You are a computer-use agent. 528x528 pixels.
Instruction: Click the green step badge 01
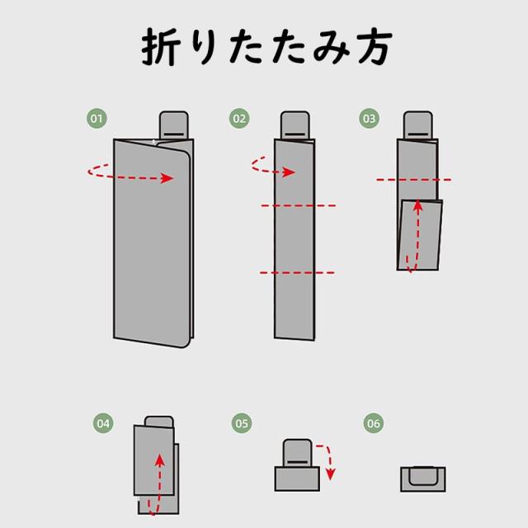(97, 119)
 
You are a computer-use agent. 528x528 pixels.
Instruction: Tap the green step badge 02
(239, 119)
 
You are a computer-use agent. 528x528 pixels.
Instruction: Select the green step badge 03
(369, 119)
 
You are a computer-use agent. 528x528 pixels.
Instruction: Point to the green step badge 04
(103, 423)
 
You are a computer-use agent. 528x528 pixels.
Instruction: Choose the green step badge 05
(242, 423)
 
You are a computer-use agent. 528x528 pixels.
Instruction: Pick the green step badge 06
(374, 423)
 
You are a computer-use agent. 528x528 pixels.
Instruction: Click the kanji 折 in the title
(161, 47)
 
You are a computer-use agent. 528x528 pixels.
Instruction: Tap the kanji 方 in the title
(375, 48)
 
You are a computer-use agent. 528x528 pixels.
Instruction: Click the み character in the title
(332, 48)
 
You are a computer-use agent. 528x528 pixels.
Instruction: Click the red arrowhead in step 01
(167, 178)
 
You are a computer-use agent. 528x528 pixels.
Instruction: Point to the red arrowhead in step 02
(289, 172)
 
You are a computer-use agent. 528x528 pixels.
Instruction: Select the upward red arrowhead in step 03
(418, 205)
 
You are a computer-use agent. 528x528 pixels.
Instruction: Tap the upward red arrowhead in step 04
(160, 460)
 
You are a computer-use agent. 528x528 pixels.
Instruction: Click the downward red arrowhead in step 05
(330, 474)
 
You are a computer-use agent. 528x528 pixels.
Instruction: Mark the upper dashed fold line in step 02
(299, 205)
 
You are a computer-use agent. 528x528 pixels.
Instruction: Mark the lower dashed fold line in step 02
(297, 272)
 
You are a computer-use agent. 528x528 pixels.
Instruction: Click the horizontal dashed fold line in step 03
(414, 180)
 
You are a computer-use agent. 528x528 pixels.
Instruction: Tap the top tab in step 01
(174, 125)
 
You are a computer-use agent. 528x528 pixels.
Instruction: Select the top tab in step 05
(297, 453)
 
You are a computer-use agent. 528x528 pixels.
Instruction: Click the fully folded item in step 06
(423, 478)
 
